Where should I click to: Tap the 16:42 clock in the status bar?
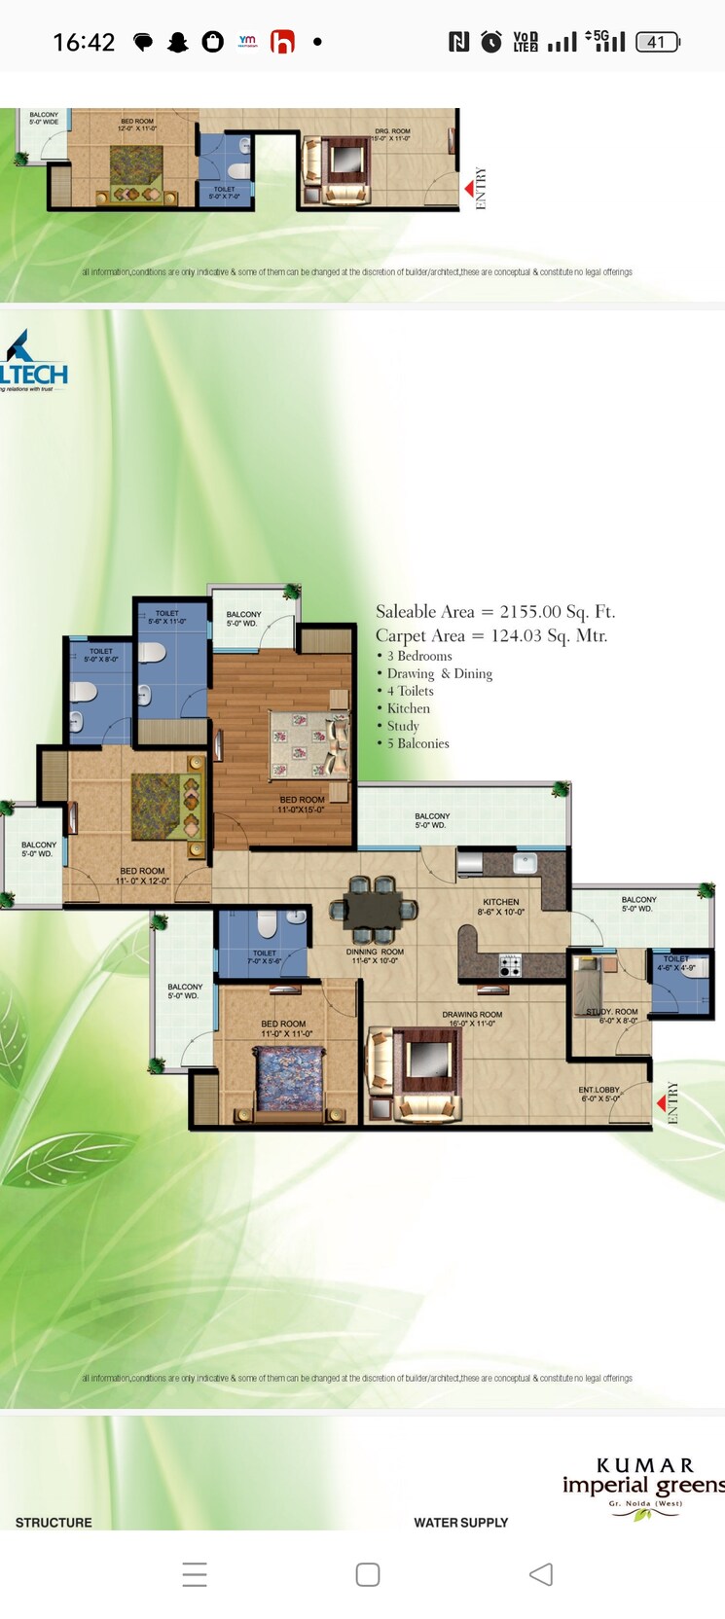point(84,42)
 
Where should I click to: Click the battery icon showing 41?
point(658,42)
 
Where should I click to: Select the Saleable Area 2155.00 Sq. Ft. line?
point(495,612)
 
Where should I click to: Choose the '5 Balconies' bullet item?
point(417,743)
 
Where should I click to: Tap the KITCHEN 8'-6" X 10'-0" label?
point(500,907)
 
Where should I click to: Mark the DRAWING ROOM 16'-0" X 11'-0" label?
point(472,1019)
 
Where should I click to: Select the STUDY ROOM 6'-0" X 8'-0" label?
point(612,1016)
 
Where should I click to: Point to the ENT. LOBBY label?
point(599,1094)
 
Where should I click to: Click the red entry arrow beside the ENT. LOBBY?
point(661,1103)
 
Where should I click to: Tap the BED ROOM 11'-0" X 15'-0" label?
point(302,805)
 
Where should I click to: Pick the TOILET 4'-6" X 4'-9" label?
point(676,963)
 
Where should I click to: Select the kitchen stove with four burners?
point(510,965)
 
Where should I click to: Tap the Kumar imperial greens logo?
point(643,1486)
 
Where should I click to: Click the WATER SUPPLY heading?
point(460,1523)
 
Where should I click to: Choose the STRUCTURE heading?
point(54,1523)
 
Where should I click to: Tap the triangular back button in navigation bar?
point(541,1574)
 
